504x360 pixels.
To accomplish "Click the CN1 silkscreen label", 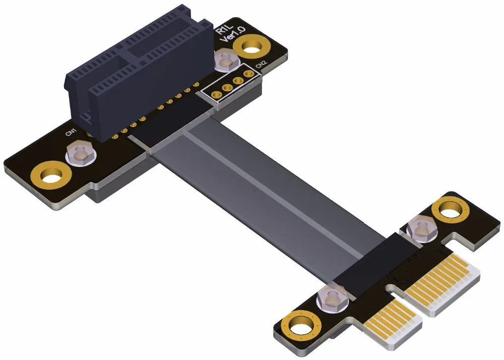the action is (71, 132).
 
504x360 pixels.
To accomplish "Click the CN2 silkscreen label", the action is (261, 65).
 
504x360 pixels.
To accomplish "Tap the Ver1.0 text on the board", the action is (232, 34).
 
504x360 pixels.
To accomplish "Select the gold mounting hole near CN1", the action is (51, 176).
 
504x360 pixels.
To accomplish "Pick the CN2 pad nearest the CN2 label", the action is (248, 75).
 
